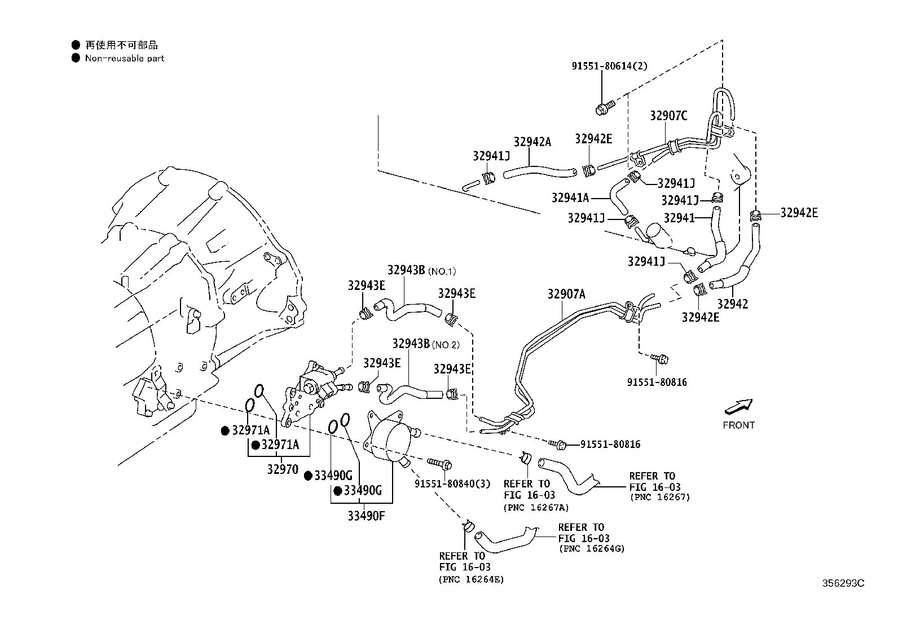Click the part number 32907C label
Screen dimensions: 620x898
(668, 116)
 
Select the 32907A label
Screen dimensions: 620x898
(566, 294)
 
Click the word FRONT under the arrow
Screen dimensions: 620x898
(738, 425)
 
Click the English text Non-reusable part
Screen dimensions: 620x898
(124, 58)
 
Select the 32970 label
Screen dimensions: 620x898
(283, 469)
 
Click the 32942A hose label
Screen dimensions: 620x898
(531, 142)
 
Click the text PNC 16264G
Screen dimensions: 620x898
(591, 548)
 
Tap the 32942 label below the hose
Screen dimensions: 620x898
(732, 304)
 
